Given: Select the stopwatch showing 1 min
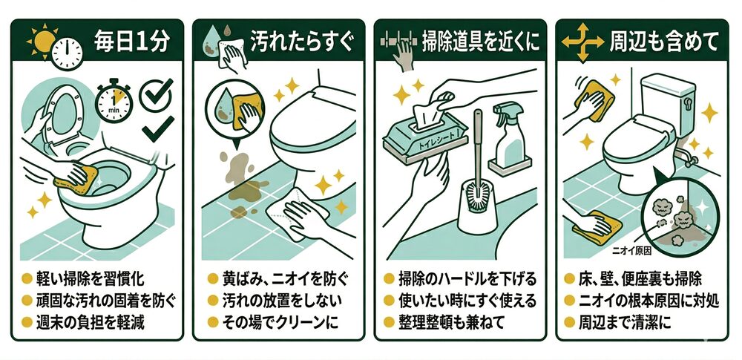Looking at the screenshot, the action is tap(114, 101).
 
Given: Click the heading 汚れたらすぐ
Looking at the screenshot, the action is tap(302, 42).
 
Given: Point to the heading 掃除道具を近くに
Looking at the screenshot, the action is tap(481, 42).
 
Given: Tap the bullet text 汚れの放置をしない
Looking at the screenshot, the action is tap(281, 301).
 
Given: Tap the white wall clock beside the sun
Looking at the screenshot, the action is tap(67, 53).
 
